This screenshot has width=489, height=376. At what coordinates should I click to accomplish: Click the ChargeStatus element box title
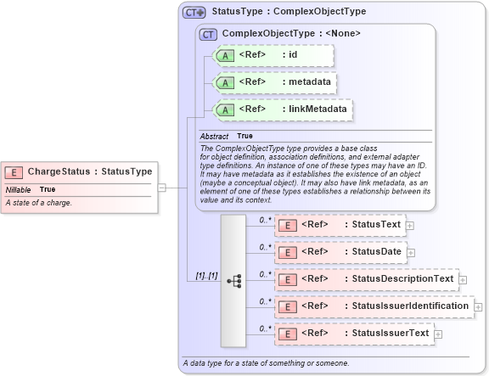click(x=89, y=171)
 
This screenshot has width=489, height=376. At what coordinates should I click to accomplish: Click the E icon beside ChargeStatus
click(x=14, y=171)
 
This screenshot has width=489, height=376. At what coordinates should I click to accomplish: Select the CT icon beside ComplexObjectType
click(x=207, y=34)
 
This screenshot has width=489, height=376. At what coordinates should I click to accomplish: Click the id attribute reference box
click(x=273, y=55)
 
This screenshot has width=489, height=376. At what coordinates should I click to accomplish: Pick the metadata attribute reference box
click(x=273, y=82)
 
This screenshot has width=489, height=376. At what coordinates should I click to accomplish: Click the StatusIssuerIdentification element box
click(x=373, y=306)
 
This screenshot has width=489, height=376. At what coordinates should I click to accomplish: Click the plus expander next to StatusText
click(x=410, y=226)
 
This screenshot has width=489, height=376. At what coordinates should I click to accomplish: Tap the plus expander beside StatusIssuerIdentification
click(x=479, y=306)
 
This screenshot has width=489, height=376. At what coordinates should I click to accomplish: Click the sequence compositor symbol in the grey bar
click(x=233, y=279)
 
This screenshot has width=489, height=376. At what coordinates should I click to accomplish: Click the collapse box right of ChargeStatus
click(x=161, y=188)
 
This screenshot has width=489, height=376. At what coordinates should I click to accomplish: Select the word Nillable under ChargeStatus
click(x=19, y=189)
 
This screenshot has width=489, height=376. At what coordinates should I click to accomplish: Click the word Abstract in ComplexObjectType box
click(x=214, y=136)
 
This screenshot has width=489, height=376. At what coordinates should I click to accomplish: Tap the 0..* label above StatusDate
click(x=264, y=247)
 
